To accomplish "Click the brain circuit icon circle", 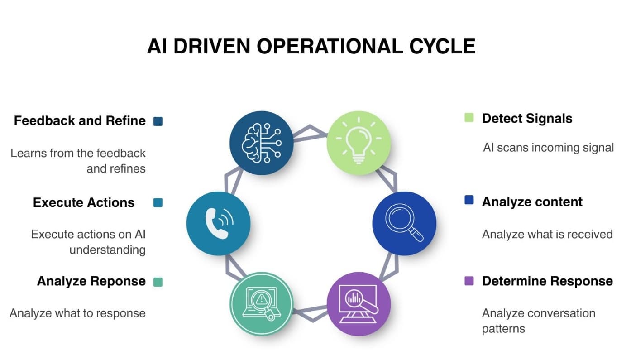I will click(262, 143).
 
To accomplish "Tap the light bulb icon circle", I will click(359, 143).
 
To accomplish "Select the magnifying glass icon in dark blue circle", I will click(404, 223).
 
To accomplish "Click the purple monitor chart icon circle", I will click(359, 303).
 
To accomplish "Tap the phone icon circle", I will click(218, 223).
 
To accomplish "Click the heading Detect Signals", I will click(527, 119).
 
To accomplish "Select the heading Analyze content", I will click(532, 202).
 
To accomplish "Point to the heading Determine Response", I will click(547, 281).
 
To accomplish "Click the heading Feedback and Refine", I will click(80, 120).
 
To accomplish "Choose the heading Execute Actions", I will click(84, 202).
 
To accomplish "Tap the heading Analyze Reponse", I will click(91, 281).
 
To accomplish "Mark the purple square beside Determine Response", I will click(469, 281).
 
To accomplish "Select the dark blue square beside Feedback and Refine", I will click(158, 121).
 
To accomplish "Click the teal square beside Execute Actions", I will click(158, 202).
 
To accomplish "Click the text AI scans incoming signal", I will click(548, 147).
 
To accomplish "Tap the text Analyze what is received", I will click(547, 234).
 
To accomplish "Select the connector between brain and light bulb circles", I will click(311, 133).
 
